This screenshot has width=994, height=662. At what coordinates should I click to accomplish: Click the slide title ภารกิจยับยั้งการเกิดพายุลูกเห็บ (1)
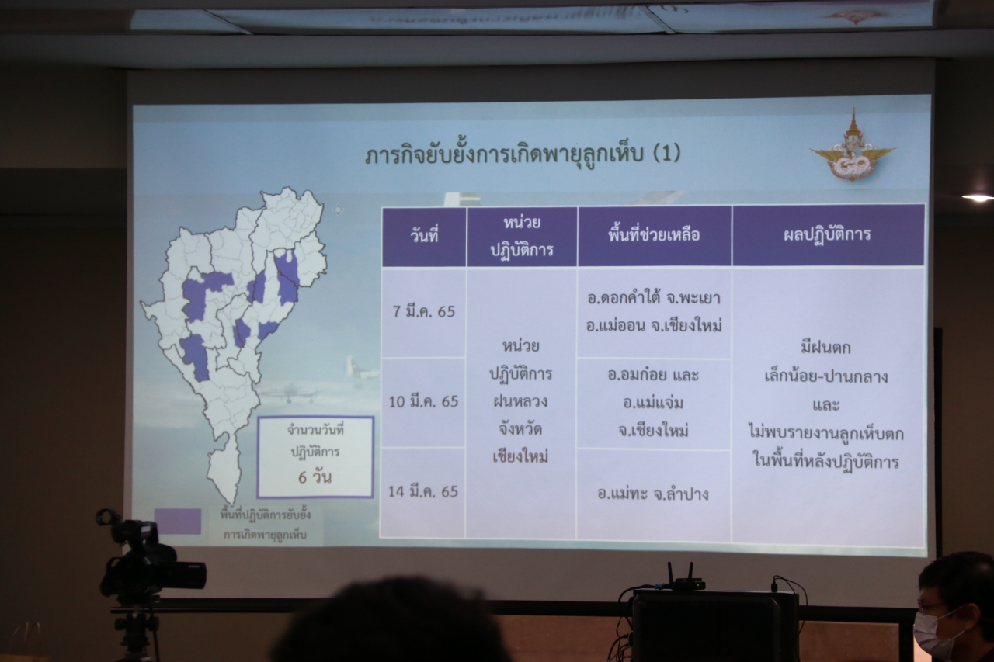click(523, 154)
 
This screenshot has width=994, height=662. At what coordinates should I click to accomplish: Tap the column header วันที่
click(424, 235)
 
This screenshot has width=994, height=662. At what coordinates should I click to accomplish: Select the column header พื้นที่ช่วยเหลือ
click(654, 234)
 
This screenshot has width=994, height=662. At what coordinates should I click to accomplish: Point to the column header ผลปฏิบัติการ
click(828, 234)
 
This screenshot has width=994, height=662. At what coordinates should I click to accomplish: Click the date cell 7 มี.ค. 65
click(424, 312)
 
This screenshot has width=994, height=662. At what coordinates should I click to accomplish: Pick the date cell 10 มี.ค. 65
click(423, 402)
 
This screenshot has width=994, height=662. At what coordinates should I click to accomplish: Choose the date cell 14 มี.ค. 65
click(423, 491)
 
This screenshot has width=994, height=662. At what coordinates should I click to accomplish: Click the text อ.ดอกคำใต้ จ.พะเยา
click(654, 298)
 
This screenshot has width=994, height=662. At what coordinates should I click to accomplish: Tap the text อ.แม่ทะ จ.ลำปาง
click(653, 494)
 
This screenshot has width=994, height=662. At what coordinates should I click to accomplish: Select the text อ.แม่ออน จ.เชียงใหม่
click(654, 325)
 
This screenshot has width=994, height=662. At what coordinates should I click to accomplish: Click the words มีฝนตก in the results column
click(825, 348)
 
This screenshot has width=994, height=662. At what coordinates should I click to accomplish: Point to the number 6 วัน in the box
click(315, 477)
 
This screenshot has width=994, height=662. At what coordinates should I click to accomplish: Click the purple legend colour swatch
click(178, 522)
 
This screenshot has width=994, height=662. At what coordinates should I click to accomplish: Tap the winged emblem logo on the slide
click(853, 148)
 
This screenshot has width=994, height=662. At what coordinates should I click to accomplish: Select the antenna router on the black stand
click(686, 578)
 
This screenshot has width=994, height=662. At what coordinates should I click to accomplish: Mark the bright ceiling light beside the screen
click(978, 198)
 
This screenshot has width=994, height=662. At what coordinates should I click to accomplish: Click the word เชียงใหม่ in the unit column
click(520, 456)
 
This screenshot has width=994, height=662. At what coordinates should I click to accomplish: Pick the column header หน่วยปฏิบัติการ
click(521, 236)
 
